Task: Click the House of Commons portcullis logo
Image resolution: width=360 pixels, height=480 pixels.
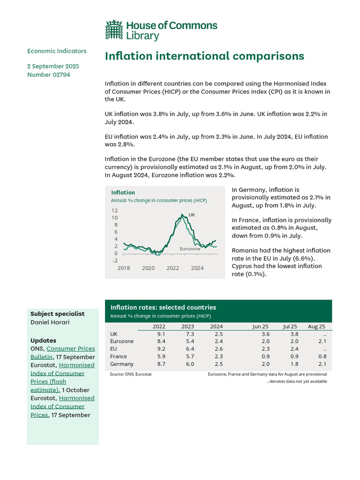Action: pos(114,30)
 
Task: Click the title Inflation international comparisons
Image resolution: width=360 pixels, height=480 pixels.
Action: pos(204,56)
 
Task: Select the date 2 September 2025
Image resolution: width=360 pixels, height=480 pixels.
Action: pos(53,66)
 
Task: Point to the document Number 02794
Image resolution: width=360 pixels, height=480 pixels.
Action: pos(49,75)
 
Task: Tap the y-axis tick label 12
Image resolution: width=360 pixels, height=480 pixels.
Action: pos(115,211)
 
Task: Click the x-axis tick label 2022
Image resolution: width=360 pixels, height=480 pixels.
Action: pos(172,268)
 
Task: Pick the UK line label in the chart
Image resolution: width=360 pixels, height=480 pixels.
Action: pos(191,215)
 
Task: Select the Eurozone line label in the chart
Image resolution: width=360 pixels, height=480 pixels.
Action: pos(190,249)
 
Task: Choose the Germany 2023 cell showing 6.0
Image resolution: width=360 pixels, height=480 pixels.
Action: pos(189,364)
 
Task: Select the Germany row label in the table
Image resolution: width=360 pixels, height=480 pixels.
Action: pos(121,364)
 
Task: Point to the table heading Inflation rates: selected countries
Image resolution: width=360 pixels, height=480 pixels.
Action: pos(163,307)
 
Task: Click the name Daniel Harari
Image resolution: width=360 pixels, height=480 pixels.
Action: pos(50,322)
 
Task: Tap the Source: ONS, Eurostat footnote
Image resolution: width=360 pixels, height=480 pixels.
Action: pos(130,374)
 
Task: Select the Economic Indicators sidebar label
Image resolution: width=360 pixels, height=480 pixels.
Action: pos(57,51)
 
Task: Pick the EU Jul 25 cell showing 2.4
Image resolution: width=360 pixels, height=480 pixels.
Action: pos(293,349)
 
